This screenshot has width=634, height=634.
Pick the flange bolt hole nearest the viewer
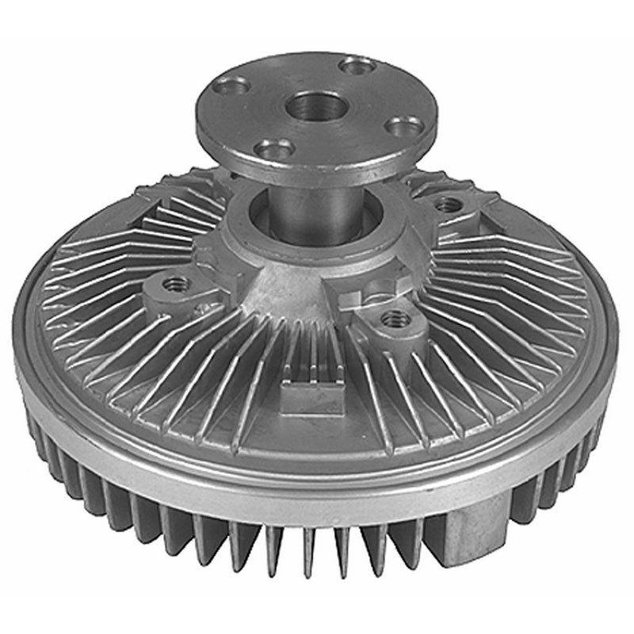coord(329,148)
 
